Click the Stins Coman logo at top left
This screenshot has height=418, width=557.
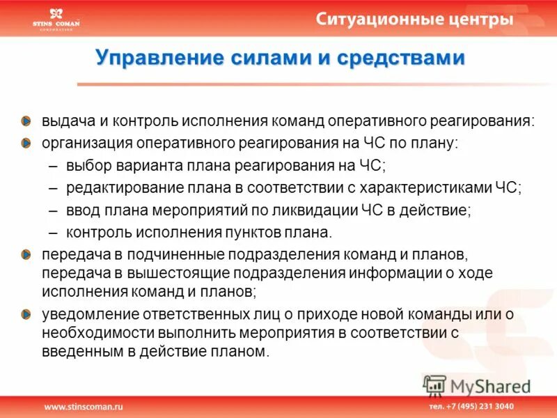[x=56, y=20]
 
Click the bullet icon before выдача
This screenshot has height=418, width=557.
[x=25, y=121]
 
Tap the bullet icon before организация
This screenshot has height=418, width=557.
[x=25, y=143]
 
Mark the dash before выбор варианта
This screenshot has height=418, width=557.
[x=54, y=166]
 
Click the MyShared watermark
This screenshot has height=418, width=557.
[x=478, y=385]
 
